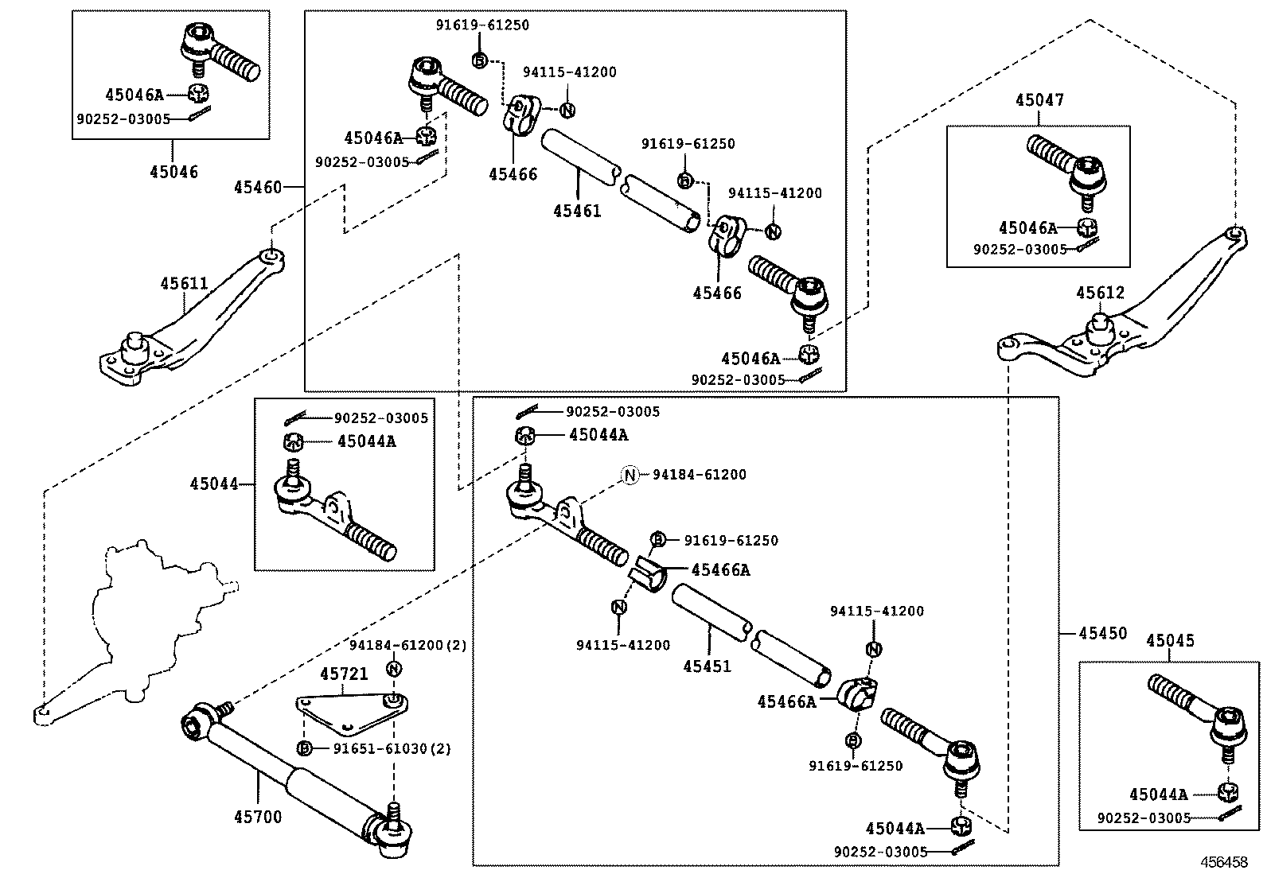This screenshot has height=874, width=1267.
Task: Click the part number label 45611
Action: pyautogui.click(x=184, y=284)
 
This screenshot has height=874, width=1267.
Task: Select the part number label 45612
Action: pyautogui.click(x=1101, y=293)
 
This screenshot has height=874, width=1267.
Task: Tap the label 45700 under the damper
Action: pyautogui.click(x=258, y=817)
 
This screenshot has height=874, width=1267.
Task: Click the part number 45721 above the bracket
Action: pyautogui.click(x=344, y=674)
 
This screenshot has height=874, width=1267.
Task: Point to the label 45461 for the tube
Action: pyautogui.click(x=577, y=212)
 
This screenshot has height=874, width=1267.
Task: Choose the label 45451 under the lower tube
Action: pyautogui.click(x=707, y=666)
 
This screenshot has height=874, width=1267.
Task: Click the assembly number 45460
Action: pyautogui.click(x=258, y=188)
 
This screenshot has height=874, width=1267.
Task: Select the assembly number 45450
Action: pyautogui.click(x=1103, y=634)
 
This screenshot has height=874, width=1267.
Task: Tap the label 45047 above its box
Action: pyautogui.click(x=1039, y=100)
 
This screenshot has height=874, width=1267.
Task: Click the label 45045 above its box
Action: pyautogui.click(x=1170, y=641)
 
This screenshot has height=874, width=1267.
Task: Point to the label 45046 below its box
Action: pyautogui.click(x=173, y=172)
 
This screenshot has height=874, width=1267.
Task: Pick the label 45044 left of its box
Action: pyautogui.click(x=213, y=484)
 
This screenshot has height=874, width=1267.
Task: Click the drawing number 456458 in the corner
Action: pyautogui.click(x=1225, y=862)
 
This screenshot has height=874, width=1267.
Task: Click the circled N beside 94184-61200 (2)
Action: pyautogui.click(x=393, y=668)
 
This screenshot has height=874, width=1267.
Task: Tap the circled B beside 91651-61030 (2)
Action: pyautogui.click(x=303, y=748)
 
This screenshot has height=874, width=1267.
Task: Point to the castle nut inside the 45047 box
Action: pyautogui.click(x=1086, y=227)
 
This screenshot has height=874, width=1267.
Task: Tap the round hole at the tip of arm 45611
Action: pyautogui.click(x=271, y=256)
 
